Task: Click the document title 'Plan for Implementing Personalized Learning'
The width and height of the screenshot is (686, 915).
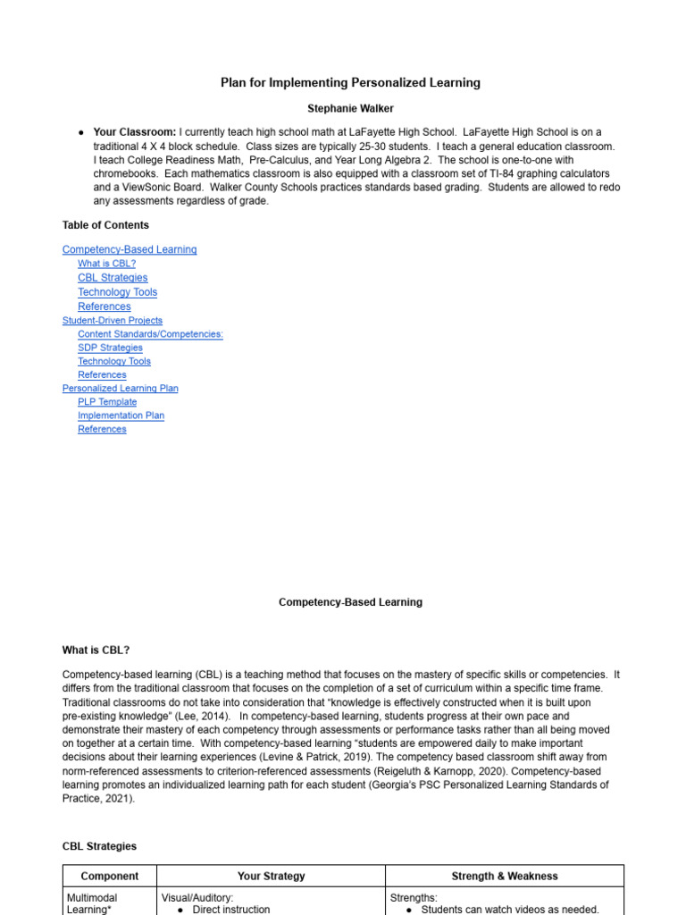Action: (350, 82)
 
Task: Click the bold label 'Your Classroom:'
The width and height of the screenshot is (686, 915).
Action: (135, 131)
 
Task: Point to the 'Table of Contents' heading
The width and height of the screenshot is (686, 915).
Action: (105, 225)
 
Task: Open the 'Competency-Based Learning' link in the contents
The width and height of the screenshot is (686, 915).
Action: (130, 249)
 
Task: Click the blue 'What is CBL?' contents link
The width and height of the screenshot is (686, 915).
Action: (106, 264)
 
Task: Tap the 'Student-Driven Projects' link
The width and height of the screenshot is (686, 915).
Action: (113, 320)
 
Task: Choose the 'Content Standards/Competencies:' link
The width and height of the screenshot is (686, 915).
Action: (150, 334)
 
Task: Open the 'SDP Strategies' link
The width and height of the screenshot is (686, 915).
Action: (110, 348)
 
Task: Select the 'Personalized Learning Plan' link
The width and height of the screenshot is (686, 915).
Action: (120, 388)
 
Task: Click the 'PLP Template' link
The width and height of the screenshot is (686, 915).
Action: (107, 402)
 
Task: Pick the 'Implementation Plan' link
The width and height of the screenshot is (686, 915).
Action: (121, 416)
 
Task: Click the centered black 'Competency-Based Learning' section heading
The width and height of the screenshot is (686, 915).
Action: (350, 602)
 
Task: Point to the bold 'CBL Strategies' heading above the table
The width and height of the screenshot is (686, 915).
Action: (99, 845)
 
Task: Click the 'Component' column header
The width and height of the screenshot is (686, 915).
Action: (109, 877)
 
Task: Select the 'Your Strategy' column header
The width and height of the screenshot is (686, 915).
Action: (271, 877)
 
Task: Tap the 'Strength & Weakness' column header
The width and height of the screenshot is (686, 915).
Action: (504, 877)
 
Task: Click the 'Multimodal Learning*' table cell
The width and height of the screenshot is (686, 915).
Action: (92, 903)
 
